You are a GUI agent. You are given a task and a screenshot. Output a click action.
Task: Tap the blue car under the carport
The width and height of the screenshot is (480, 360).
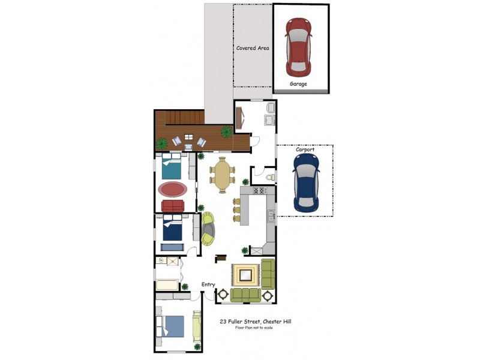pyautogui.click(x=306, y=184)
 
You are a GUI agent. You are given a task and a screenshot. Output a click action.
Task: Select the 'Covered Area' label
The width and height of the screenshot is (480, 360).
pyautogui.click(x=252, y=48)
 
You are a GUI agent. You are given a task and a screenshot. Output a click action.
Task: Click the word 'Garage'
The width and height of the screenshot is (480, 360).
pyautogui.click(x=298, y=84)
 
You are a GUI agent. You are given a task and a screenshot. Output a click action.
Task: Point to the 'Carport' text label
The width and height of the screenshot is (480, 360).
pyautogui.click(x=305, y=149)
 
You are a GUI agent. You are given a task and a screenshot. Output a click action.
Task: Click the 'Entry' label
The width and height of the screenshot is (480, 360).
pyautogui.click(x=208, y=284)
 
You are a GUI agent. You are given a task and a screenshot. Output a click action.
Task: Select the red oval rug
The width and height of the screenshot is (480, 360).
pyautogui.click(x=172, y=190)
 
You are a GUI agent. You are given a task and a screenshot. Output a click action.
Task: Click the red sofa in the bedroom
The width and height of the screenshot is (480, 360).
pyautogui.click(x=173, y=206)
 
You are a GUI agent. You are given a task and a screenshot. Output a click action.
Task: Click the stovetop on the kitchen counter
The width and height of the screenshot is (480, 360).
pyautogui.click(x=261, y=191)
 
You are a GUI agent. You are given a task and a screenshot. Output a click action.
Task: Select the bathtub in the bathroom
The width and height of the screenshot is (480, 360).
pyautogui.click(x=167, y=284)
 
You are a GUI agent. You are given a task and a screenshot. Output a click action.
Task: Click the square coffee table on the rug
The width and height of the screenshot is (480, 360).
pyautogui.click(x=246, y=275)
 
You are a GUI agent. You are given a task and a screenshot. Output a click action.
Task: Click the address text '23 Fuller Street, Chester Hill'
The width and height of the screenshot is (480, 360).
pyautogui.click(x=256, y=322)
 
